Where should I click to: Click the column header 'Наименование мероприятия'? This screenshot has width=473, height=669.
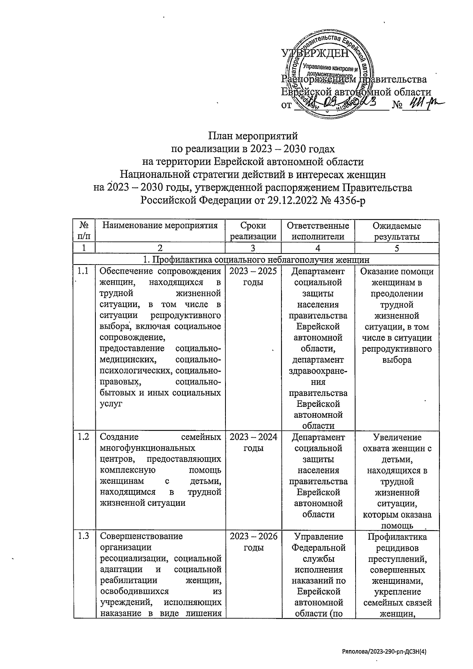coord(160,225)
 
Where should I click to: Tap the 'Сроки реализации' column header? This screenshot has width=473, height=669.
coord(253,231)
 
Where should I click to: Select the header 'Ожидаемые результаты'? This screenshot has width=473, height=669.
coord(397,231)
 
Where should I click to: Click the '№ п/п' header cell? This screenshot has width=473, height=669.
coord(84,231)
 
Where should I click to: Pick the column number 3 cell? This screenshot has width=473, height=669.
coord(253,248)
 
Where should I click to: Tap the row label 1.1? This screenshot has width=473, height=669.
coord(83,271)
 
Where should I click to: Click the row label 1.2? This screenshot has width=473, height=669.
coord(83,437)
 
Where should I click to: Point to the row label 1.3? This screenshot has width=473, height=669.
coord(83,536)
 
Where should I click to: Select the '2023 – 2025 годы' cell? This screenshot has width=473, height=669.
coord(253,277)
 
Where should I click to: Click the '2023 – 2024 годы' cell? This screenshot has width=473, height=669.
coord(253,442)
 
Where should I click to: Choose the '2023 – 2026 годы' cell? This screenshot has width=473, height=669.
coord(253,542)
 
